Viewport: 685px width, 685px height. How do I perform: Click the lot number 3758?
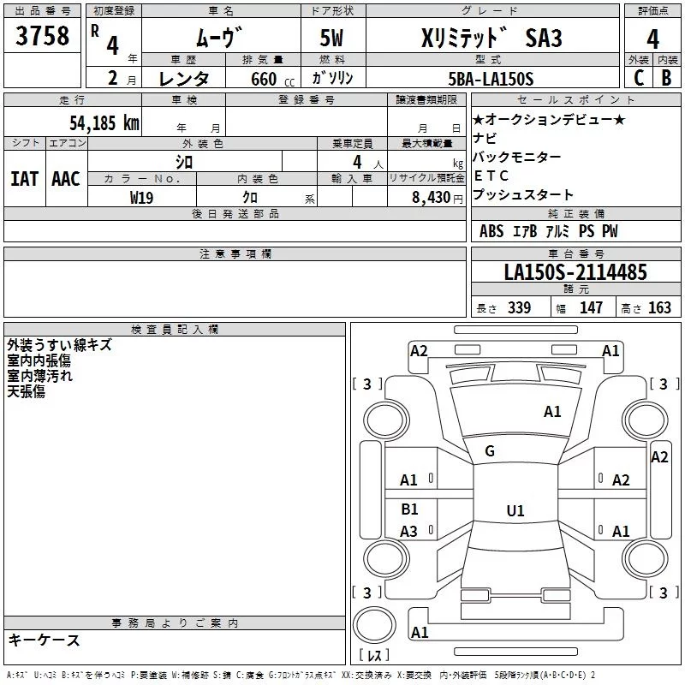[x=42, y=35]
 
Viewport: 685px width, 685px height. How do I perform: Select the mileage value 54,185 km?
[x=104, y=122]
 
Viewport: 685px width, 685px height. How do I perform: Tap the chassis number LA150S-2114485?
[x=575, y=272]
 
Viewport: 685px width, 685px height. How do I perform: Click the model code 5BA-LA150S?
[x=491, y=79]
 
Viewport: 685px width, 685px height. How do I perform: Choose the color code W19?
[x=141, y=198]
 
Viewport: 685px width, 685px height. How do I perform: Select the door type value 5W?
[x=331, y=38]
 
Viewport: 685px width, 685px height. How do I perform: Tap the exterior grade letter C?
[x=639, y=78]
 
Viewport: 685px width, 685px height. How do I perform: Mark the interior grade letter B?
[x=666, y=78]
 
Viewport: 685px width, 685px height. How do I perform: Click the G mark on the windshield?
[x=490, y=451]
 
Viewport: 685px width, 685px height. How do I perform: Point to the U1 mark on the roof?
[x=515, y=510]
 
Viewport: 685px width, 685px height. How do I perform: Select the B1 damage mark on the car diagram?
[x=409, y=509]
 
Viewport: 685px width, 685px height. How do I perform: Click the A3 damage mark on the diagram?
[x=408, y=531]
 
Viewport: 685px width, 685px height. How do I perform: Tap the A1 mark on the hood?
[x=552, y=412]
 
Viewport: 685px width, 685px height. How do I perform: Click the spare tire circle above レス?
[x=374, y=625]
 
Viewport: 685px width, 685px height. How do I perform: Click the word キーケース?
[x=45, y=640]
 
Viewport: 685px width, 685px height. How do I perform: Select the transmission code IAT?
[x=24, y=179]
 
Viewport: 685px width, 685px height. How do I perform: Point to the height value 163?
[x=659, y=307]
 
